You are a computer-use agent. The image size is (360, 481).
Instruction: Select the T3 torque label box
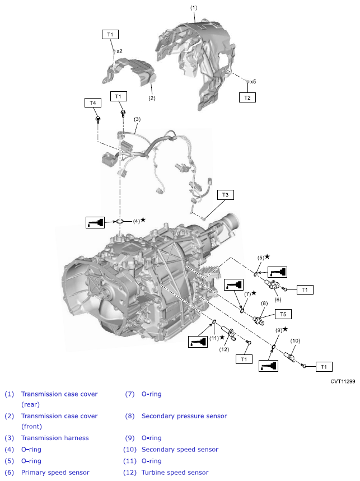tap(226, 195)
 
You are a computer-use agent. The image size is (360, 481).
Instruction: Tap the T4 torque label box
tap(93, 102)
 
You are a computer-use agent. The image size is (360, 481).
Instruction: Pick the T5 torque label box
tap(282, 314)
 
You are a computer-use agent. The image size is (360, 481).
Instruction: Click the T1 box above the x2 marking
tap(110, 34)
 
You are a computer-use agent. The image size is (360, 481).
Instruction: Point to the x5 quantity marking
tap(253, 81)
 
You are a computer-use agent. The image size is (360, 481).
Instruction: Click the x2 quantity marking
tap(119, 51)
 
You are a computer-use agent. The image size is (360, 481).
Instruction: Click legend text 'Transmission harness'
tap(55, 438)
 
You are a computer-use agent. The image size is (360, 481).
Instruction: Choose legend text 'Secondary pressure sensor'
tap(184, 416)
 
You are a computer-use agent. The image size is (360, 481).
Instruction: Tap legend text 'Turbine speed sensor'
tap(175, 473)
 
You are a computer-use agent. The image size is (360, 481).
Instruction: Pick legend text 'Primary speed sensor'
tap(55, 473)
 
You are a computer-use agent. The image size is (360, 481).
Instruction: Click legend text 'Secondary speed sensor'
tap(180, 450)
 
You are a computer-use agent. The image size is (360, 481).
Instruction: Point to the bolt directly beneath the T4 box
tap(98, 119)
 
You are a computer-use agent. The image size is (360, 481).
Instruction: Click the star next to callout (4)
tap(143, 220)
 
